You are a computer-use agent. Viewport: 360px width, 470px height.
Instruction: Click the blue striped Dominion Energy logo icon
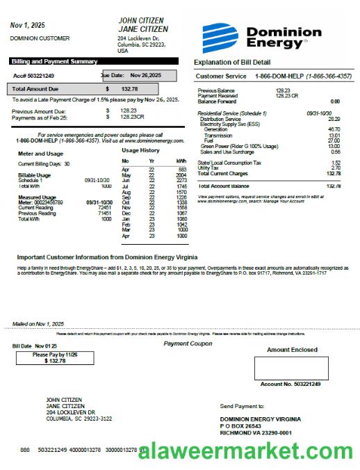coord(221,36)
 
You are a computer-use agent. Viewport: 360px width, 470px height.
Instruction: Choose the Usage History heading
coord(140,150)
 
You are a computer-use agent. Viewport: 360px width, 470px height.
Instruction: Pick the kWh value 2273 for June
coord(181,180)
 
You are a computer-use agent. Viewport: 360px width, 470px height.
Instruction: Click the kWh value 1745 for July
coord(181,186)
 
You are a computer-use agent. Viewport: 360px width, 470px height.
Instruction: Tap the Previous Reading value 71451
coord(105,213)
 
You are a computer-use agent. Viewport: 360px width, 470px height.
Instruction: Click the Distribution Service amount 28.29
coord(334,119)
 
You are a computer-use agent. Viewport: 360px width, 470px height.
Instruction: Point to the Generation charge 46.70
coord(334,129)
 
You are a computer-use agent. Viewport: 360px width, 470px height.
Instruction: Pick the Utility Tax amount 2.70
coord(336,168)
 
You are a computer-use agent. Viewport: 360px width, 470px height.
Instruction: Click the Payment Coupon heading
coord(188,343)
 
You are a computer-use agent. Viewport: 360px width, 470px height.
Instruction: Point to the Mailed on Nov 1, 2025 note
coord(38,323)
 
